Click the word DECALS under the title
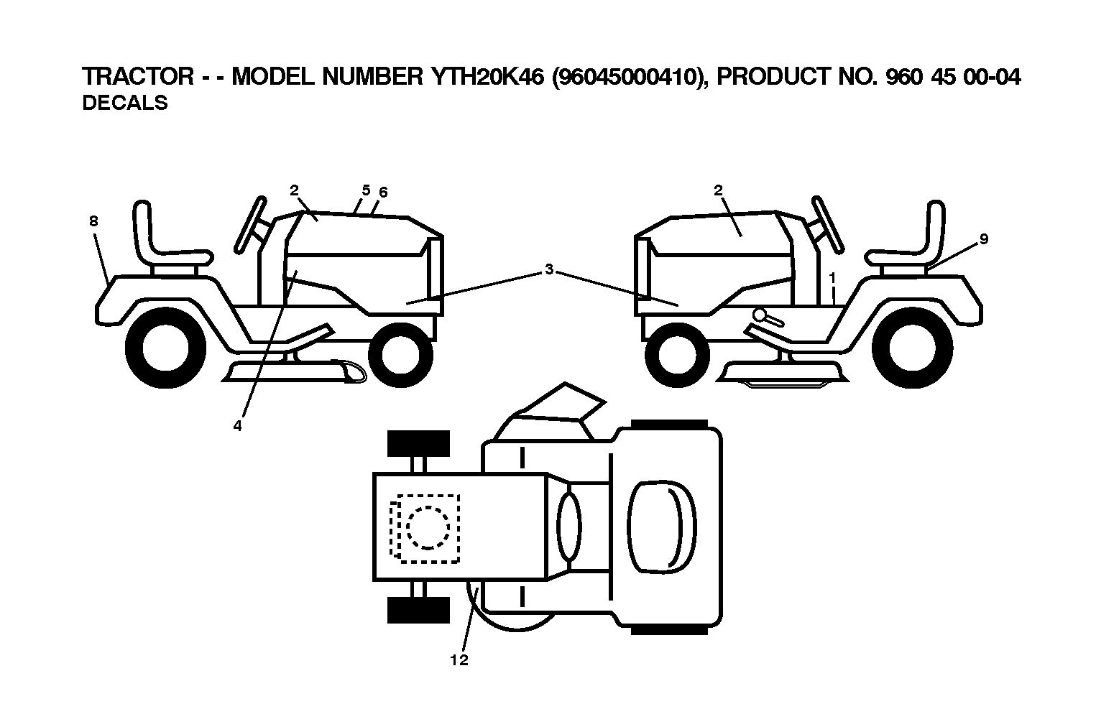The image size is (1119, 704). click(125, 103)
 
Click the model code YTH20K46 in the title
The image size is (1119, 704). click(487, 77)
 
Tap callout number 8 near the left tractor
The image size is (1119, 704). click(93, 221)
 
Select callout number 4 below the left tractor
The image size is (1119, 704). click(237, 426)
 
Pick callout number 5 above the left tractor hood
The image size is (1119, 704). click(367, 190)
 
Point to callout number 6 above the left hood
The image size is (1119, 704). click(383, 193)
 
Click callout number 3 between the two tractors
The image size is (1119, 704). click(549, 269)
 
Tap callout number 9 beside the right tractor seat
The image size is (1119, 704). click(984, 239)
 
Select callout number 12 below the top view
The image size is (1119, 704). click(459, 660)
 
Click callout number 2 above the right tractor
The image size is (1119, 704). click(718, 190)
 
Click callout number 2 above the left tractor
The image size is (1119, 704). click(294, 190)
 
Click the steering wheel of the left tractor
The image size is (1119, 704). click(250, 225)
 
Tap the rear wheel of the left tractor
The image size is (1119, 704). click(165, 348)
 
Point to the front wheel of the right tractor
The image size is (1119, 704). click(677, 355)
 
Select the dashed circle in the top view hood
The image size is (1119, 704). click(428, 527)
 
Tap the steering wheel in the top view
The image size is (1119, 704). click(569, 527)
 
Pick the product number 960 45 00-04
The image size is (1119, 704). click(953, 77)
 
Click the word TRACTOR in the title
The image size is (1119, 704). click(138, 77)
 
